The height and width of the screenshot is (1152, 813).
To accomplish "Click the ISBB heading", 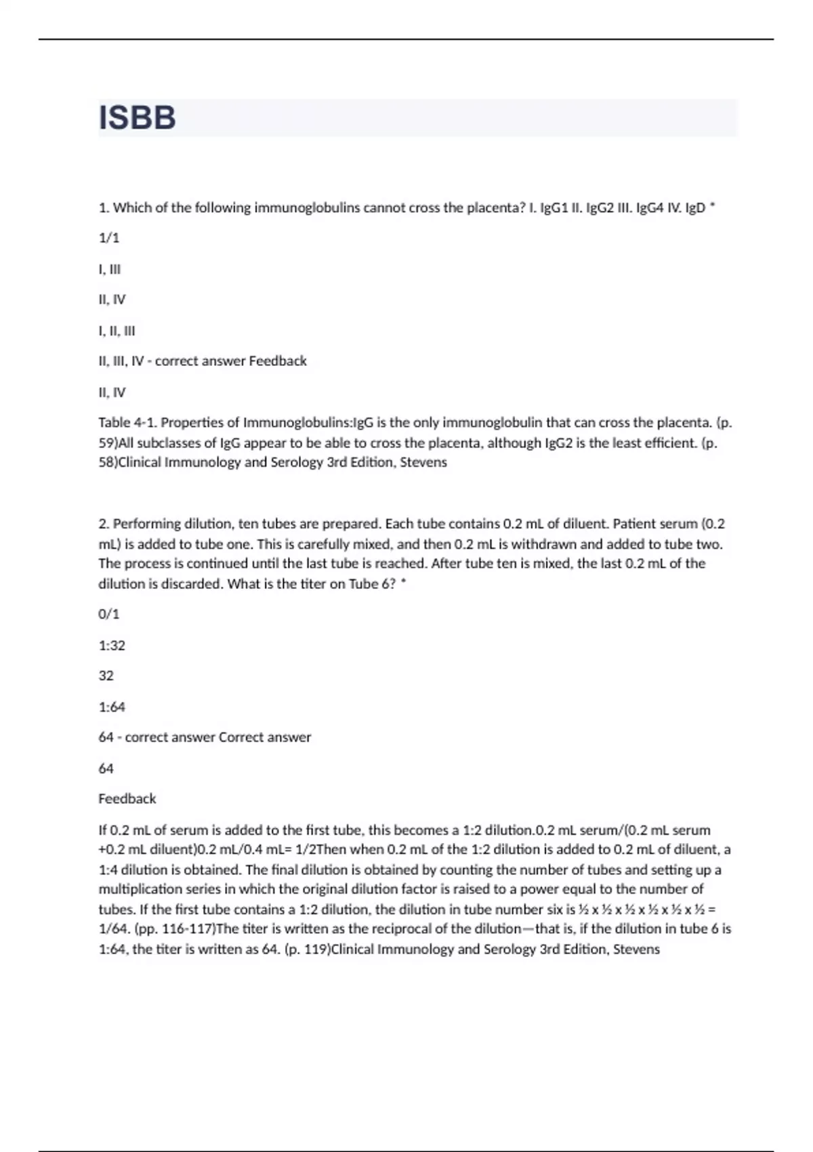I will [x=137, y=117].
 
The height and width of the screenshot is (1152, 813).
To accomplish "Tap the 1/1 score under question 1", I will [x=108, y=238].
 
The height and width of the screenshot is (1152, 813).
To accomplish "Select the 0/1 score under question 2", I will [x=108, y=614].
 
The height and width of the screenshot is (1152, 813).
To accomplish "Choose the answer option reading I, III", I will [x=109, y=269].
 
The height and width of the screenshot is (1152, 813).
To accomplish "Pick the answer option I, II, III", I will [x=117, y=331].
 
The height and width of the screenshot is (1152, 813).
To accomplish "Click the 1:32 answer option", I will [x=112, y=645].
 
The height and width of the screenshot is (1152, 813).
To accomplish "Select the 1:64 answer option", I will [x=112, y=707].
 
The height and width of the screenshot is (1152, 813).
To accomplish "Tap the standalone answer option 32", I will [x=106, y=676].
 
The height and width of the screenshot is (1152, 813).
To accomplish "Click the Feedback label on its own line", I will [x=127, y=799].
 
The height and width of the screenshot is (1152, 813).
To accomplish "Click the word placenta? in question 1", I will [x=498, y=208].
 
